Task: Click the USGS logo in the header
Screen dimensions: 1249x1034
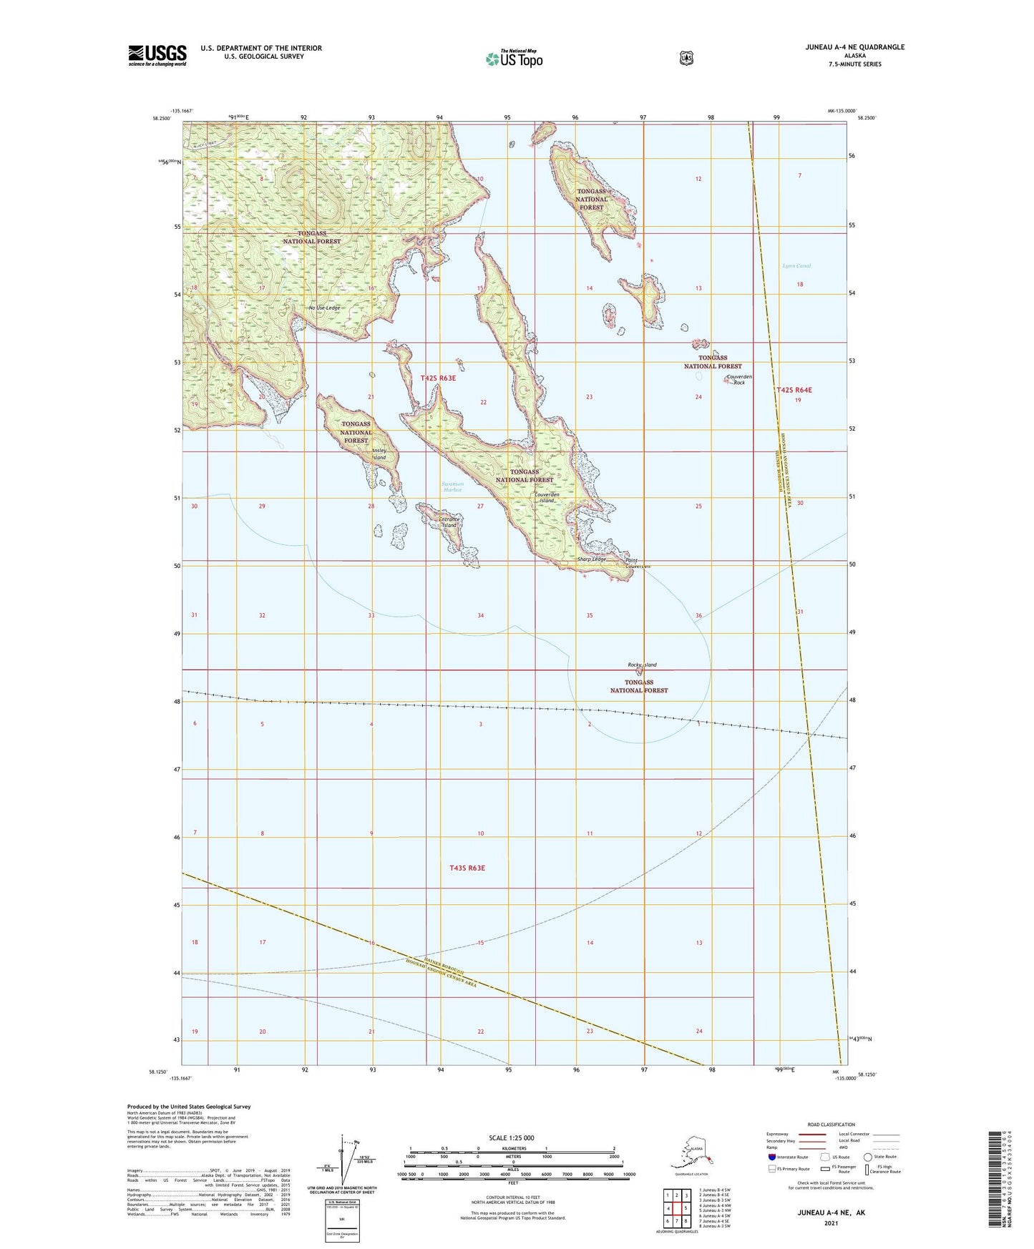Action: click(157, 55)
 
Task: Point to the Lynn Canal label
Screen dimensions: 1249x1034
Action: click(796, 266)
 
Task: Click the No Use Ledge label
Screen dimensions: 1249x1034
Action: click(324, 308)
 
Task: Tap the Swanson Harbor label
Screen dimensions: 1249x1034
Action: click(452, 487)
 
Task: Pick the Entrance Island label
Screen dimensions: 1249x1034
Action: click(448, 522)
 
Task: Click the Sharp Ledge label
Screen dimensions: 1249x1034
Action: click(592, 559)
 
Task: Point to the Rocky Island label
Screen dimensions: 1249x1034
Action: click(642, 665)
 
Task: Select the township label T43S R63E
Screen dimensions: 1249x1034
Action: click(467, 868)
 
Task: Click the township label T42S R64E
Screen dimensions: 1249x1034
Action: click(794, 390)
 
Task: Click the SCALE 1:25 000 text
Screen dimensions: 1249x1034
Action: click(512, 1137)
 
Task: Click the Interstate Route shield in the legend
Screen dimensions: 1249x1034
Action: click(771, 1157)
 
